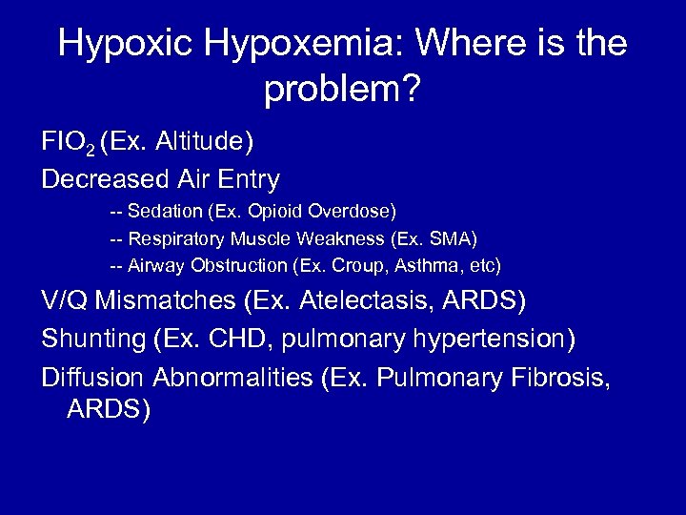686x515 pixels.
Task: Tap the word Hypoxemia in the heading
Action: tap(302, 44)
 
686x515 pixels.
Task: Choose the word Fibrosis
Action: tap(557, 377)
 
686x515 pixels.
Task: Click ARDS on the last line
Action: tap(109, 410)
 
